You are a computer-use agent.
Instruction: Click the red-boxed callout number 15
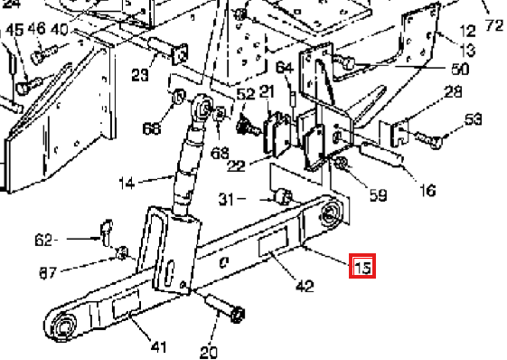point(362,267)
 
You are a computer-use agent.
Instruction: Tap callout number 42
point(305,287)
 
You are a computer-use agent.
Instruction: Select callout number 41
point(158,346)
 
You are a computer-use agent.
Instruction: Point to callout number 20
point(209,352)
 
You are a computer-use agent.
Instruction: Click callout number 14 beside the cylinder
point(127,184)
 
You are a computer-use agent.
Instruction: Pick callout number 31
point(226,199)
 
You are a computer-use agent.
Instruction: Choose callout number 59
point(378,195)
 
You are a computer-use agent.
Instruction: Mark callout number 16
point(427,190)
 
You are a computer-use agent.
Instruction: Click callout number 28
point(454,92)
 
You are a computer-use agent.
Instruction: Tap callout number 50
point(460,69)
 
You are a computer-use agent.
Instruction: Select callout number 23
point(140,75)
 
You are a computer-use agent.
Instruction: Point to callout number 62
point(43,241)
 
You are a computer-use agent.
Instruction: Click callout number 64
point(285,68)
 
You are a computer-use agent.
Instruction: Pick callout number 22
point(237,166)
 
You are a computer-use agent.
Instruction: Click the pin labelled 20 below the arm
point(225,308)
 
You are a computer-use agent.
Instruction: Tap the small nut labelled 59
point(342,162)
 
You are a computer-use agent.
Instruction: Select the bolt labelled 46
point(44,54)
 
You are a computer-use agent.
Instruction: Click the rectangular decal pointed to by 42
point(273,241)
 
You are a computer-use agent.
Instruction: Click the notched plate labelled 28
point(400,133)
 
